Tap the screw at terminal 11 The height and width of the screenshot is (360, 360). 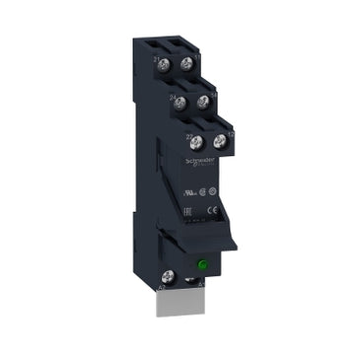185,65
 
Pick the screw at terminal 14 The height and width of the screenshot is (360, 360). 203,102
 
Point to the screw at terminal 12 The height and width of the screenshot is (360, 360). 218,142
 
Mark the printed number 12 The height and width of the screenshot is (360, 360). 229,131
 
